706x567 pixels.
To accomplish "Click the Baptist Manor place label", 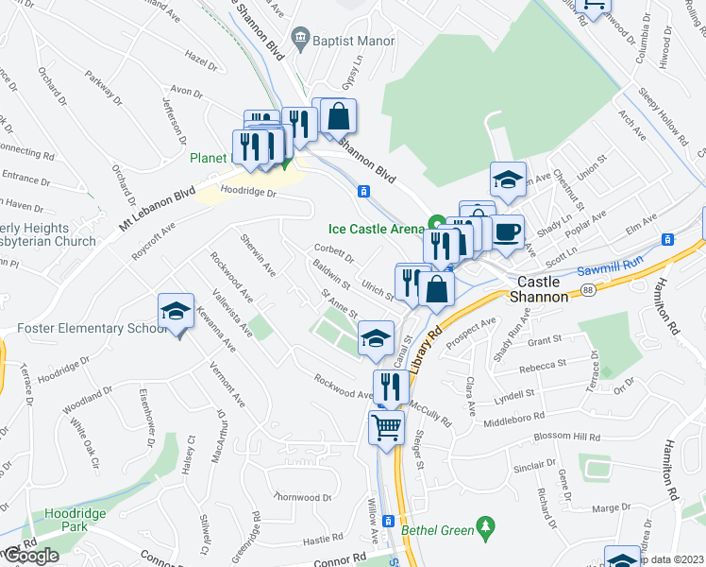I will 345,39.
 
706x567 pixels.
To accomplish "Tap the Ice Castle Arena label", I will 377,228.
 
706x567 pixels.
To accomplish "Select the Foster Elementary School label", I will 84,328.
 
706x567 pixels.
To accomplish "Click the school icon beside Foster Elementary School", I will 176,312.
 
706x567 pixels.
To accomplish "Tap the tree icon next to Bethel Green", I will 487,524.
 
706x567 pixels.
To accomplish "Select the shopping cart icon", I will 386,427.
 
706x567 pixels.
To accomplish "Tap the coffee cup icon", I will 508,232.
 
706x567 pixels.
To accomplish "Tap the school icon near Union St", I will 508,180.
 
